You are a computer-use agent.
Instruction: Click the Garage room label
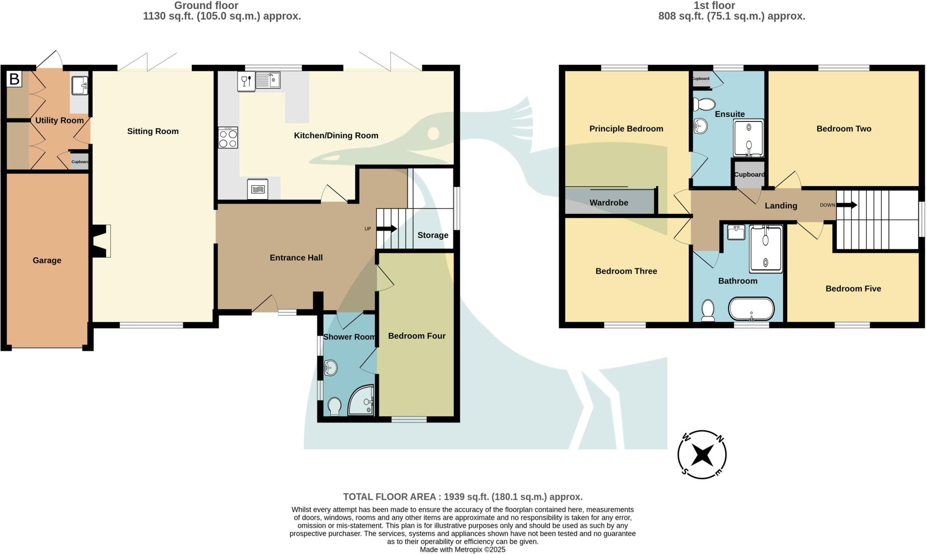click(47, 260)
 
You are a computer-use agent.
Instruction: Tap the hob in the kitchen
click(228, 138)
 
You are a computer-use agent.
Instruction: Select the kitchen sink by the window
click(268, 81)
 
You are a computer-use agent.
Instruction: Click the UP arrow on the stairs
click(387, 229)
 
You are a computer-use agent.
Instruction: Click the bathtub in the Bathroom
click(751, 308)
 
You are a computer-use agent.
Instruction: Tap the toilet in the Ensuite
click(703, 104)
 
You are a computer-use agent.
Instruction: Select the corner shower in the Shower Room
click(361, 400)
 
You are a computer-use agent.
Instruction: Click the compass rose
click(702, 454)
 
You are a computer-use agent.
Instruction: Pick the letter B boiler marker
click(14, 79)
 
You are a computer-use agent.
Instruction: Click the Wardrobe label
click(609, 202)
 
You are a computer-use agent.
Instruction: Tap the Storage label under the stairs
click(433, 235)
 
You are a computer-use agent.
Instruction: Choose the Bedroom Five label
click(853, 289)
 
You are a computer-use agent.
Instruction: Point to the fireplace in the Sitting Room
click(102, 241)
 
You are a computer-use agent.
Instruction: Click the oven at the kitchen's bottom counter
click(258, 189)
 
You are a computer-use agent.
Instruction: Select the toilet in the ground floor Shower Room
click(335, 406)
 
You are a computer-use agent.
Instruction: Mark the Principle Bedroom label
click(626, 129)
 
